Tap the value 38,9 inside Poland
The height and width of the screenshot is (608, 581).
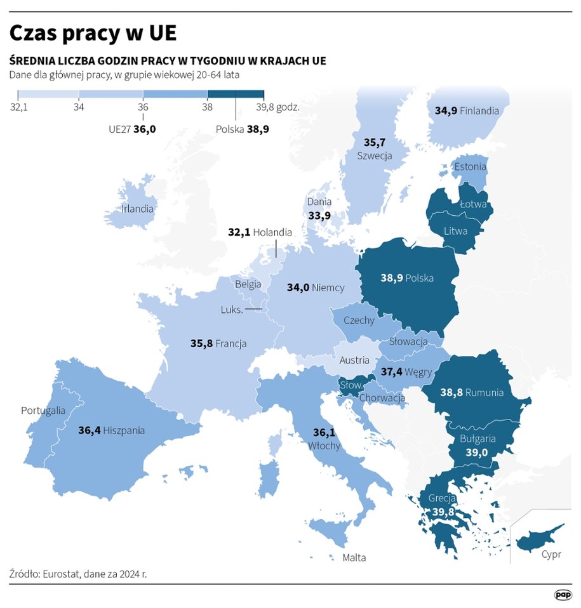[392, 278]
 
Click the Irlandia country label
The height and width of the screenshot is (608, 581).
[138, 208]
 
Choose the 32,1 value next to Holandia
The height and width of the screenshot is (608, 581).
[239, 232]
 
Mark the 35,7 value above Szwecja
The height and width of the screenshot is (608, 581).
[374, 143]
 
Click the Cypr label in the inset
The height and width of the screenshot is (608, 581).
[551, 555]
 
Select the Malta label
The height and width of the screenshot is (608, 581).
[354, 558]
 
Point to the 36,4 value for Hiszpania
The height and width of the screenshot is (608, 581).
[90, 430]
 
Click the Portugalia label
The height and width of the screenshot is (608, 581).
[43, 410]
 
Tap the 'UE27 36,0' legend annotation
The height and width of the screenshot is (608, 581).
[132, 128]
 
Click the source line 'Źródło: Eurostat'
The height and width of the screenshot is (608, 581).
[78, 574]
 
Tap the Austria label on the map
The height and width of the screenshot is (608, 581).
[354, 360]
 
